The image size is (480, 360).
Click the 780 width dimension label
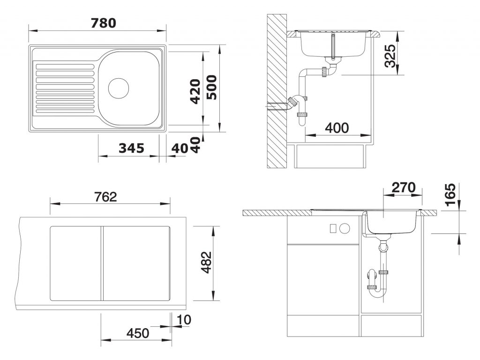tap(104, 23)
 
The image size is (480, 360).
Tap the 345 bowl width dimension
tap(131, 148)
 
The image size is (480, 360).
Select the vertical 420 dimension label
tap(195, 91)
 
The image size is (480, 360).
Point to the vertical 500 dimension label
tap(211, 88)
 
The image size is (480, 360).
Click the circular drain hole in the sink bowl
tap(119, 88)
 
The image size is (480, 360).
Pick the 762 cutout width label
tap(105, 197)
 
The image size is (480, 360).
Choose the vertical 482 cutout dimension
tap(207, 262)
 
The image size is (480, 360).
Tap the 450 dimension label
tap(138, 333)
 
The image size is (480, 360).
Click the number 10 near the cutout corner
tap(184, 320)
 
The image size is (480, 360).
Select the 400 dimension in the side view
tap(337, 127)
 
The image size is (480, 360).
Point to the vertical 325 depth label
tap(390, 56)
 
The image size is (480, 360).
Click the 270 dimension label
tap(404, 187)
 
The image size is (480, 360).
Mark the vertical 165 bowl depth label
tap(450, 195)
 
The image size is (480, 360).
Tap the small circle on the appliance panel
tap(345, 228)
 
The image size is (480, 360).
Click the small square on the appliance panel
tap(333, 228)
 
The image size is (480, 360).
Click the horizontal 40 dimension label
tap(180, 149)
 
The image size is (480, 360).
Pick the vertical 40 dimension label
tap(195, 145)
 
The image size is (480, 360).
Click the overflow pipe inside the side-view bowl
tap(333, 46)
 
